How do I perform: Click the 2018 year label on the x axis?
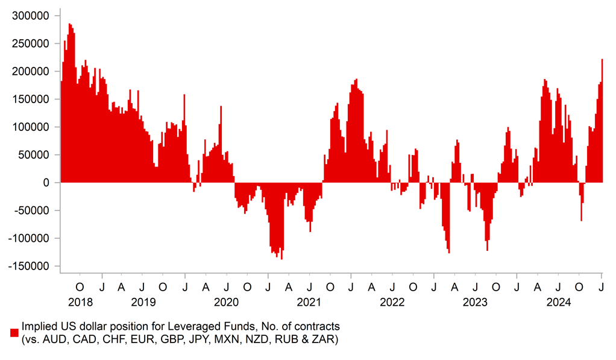click(80, 302)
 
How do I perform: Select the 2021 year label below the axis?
click(309, 302)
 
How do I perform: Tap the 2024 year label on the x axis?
click(558, 302)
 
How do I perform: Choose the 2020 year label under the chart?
click(227, 302)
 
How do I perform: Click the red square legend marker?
click(14, 332)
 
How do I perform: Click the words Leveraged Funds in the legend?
click(160, 327)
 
